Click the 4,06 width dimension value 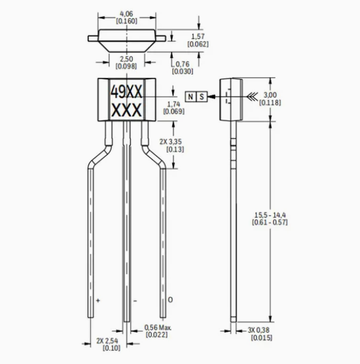[126, 14]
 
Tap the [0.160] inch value [126, 21]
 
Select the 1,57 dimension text [198, 36]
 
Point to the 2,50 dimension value [126, 59]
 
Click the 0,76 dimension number [183, 64]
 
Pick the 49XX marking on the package [126, 92]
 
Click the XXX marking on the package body [126, 110]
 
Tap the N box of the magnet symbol [190, 96]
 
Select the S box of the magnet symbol [202, 96]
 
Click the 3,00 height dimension [270, 95]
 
